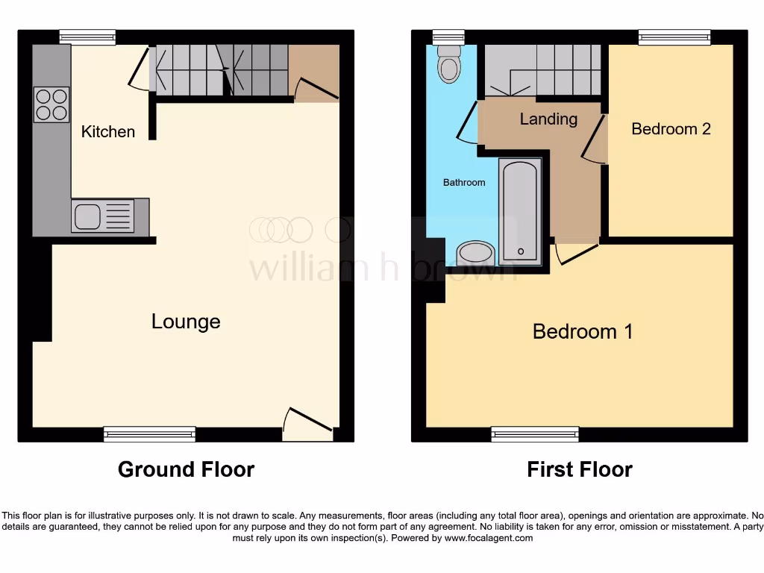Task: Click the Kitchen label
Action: tap(108, 132)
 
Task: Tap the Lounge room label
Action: tap(186, 322)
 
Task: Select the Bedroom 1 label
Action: tap(583, 331)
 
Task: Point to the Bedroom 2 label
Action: tap(671, 129)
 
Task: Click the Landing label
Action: tap(548, 119)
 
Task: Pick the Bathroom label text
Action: tap(464, 183)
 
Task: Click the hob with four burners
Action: tap(51, 104)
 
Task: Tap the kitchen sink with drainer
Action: tap(103, 216)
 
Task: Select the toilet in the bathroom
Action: tap(448, 64)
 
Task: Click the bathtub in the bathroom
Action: tap(521, 211)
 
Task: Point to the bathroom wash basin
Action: tap(475, 253)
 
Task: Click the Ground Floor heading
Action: tap(186, 469)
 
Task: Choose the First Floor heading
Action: tap(579, 469)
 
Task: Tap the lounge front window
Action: tap(149, 433)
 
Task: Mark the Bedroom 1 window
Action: tap(534, 433)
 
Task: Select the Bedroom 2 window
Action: tap(674, 37)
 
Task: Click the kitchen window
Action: tap(87, 37)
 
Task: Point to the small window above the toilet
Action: tap(448, 37)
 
